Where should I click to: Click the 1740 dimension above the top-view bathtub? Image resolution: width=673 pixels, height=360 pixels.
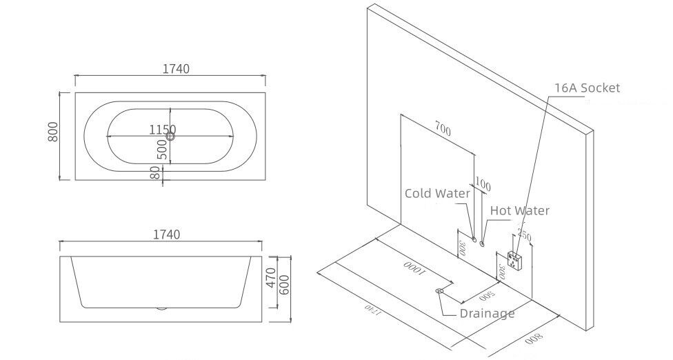[176, 69]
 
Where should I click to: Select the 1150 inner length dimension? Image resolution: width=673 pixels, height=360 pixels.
[163, 129]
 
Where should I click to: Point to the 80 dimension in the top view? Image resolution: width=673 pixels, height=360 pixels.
[157, 172]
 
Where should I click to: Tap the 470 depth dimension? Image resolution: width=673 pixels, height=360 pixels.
[270, 278]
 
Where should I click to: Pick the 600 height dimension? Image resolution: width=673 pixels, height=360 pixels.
[284, 284]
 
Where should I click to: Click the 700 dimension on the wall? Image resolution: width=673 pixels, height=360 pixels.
[443, 128]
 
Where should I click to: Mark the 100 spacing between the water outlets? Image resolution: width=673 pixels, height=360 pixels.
[483, 185]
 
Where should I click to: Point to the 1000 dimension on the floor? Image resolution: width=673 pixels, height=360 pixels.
[413, 268]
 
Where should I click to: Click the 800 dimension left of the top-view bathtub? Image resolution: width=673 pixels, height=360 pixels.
[53, 132]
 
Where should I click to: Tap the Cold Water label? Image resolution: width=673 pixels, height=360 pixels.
[437, 194]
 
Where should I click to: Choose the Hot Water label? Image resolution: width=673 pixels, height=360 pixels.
[520, 210]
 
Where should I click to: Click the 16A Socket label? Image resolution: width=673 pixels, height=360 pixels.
[587, 88]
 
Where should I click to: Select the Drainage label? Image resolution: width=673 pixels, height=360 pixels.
[487, 313]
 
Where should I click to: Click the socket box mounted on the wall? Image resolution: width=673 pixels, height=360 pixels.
[514, 259]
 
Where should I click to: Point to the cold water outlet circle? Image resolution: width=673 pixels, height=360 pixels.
[474, 239]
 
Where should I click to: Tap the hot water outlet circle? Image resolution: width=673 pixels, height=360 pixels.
[483, 243]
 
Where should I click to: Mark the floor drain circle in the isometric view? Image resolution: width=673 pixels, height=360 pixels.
[439, 291]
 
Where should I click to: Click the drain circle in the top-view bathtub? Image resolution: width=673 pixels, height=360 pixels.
[170, 137]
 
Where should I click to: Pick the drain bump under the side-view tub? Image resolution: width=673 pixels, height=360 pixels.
[161, 308]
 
